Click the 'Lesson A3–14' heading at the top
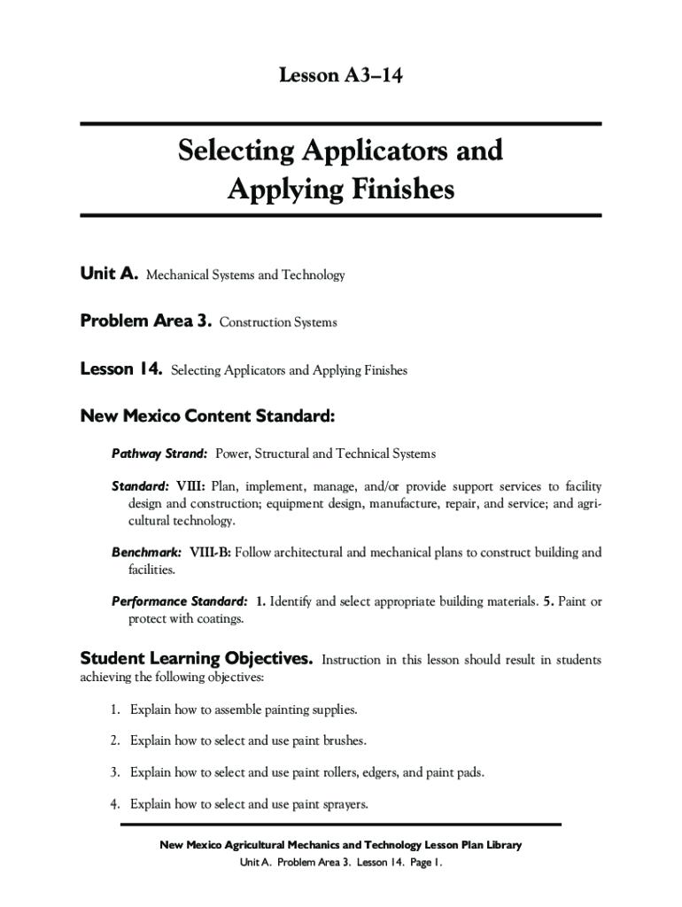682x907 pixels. (341, 77)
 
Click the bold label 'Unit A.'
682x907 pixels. (109, 275)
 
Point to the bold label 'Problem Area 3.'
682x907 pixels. (146, 322)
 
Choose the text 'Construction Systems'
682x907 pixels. (278, 322)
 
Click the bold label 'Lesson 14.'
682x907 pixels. (121, 369)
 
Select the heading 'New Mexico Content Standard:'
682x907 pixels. (207, 415)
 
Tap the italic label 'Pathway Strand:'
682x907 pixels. (159, 453)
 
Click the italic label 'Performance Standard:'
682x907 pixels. (180, 601)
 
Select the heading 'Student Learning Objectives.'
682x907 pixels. (197, 659)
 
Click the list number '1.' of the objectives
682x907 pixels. (115, 710)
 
